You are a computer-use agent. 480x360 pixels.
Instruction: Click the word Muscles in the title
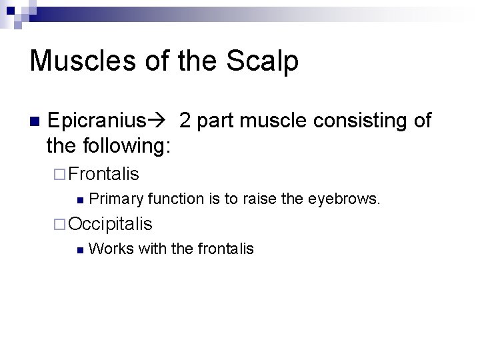(69, 61)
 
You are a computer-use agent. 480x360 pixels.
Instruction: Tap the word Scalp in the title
(264, 61)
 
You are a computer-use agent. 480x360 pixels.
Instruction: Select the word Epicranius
(96, 121)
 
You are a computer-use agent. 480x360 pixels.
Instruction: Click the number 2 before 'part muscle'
(185, 121)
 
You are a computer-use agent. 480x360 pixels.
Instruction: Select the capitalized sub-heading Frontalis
(103, 174)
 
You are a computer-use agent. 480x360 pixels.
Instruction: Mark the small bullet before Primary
(79, 199)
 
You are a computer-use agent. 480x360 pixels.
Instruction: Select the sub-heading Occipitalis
(110, 223)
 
